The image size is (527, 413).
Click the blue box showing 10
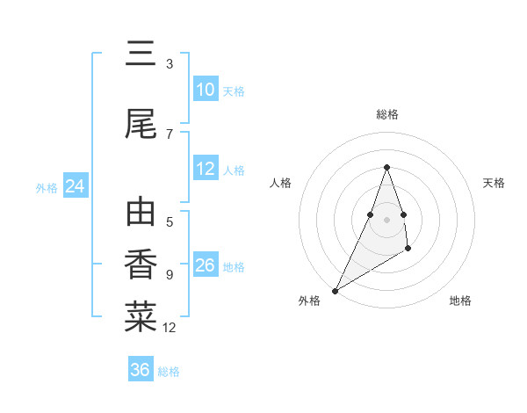tap(206, 90)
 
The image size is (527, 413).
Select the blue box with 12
tap(206, 169)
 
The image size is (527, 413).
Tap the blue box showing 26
tap(206, 265)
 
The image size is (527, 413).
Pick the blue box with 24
tap(75, 186)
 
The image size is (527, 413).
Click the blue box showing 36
tap(141, 370)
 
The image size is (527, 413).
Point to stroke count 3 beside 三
tap(170, 64)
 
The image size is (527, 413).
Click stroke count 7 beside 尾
tap(170, 134)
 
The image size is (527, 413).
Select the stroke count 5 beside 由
tap(170, 222)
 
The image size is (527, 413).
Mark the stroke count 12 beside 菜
tap(170, 328)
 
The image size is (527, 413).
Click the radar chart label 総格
tap(387, 114)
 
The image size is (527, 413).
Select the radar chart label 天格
tap(495, 183)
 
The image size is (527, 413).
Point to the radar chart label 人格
tap(280, 183)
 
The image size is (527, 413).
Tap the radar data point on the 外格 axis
tap(335, 290)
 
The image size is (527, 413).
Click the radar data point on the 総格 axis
tap(387, 167)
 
